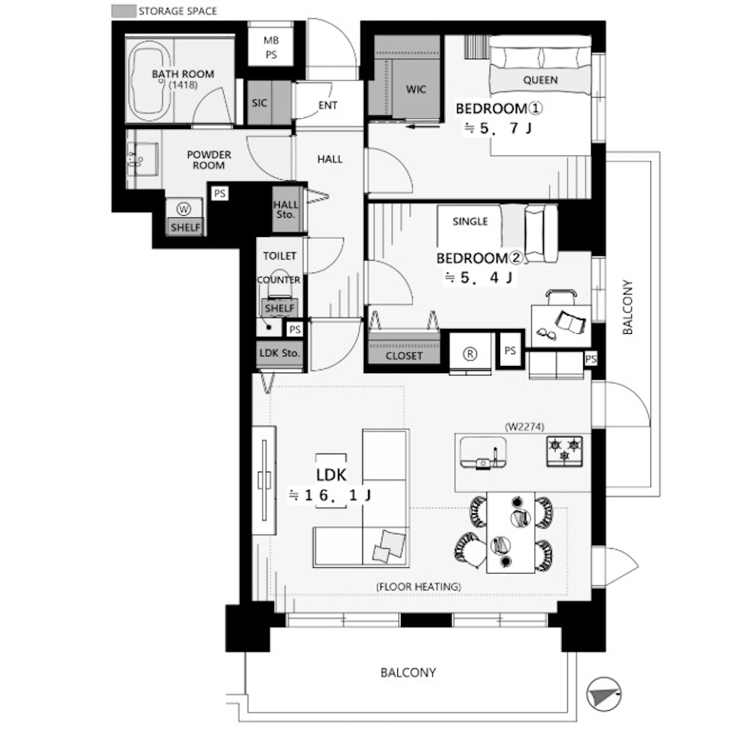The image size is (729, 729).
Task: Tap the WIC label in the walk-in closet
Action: click(416, 89)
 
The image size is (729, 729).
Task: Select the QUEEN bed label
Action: click(540, 80)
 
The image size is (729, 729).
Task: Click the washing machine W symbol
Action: click(184, 209)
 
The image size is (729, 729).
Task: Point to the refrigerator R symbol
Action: click(470, 354)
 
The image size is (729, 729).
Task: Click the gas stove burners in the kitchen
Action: click(565, 450)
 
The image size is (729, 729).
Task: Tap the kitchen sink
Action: click(483, 452)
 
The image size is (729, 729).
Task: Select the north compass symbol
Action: click(604, 694)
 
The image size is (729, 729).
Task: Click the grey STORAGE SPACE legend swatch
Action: click(124, 11)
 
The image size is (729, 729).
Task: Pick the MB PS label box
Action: click(271, 47)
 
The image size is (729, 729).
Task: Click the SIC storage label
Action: click(259, 103)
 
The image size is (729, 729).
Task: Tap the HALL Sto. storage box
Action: click(286, 209)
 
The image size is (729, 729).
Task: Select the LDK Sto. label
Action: click(279, 353)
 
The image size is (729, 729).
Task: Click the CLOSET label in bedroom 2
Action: click(404, 356)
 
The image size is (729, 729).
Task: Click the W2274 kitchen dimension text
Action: click(524, 426)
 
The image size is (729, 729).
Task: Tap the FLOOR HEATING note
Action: click(418, 587)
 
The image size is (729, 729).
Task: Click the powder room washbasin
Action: click(143, 160)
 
